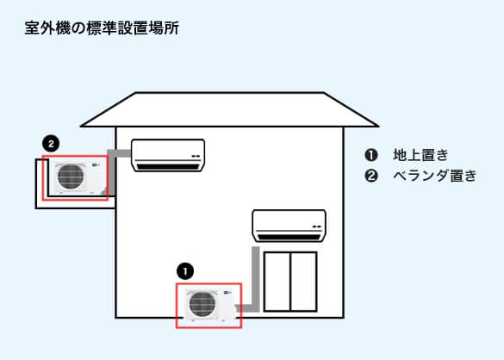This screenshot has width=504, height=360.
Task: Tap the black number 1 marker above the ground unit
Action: click(184, 270)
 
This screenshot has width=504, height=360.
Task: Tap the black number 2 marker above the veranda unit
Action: click(51, 143)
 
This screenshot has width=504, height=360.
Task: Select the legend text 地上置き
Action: click(420, 155)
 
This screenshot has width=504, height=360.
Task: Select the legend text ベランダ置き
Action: click(434, 176)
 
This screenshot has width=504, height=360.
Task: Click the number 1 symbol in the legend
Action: click(371, 155)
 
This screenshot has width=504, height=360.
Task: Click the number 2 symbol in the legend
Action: click(371, 176)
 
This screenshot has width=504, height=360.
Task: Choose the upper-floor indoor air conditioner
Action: click(168, 154)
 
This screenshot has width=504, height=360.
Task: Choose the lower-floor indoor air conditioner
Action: click(289, 225)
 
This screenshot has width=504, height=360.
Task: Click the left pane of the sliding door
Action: click(277, 281)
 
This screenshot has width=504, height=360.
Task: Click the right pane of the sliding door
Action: click(304, 281)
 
